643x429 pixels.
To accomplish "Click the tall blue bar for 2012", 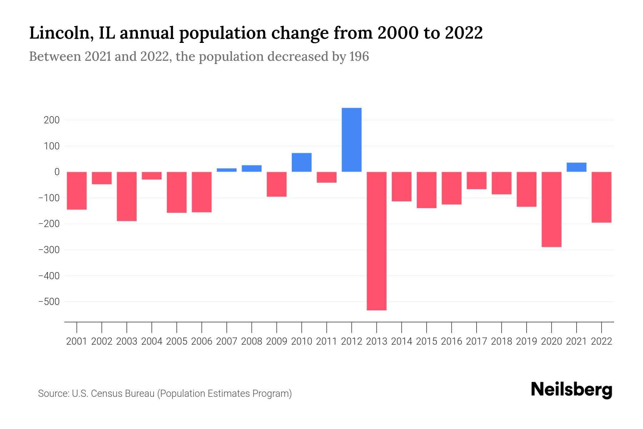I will coord(352,139).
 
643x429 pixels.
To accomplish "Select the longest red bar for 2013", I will coord(377,241).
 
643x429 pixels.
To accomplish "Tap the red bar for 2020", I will coord(551,209).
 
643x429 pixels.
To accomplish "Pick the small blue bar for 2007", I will coord(226,170).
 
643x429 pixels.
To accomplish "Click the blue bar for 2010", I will coord(301,162).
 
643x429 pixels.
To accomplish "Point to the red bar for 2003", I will coord(127,196).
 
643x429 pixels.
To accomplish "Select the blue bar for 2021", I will coord(576,167).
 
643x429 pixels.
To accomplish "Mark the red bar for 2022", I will coord(601,197).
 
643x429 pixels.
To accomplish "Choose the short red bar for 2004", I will coord(152,176).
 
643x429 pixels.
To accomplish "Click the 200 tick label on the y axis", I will coord(52,120).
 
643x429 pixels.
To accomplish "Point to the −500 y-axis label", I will coord(49,302).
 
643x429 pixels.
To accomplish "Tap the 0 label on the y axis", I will coord(57,172).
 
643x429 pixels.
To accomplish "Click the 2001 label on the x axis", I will coord(77,341).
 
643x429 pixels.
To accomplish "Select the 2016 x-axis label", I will coord(452,341).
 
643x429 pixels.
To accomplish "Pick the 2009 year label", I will coord(276,341).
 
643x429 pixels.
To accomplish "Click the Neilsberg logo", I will coord(572,390).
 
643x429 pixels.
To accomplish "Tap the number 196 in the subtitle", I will coord(359,56).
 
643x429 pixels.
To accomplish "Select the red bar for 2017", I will coord(476,181).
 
